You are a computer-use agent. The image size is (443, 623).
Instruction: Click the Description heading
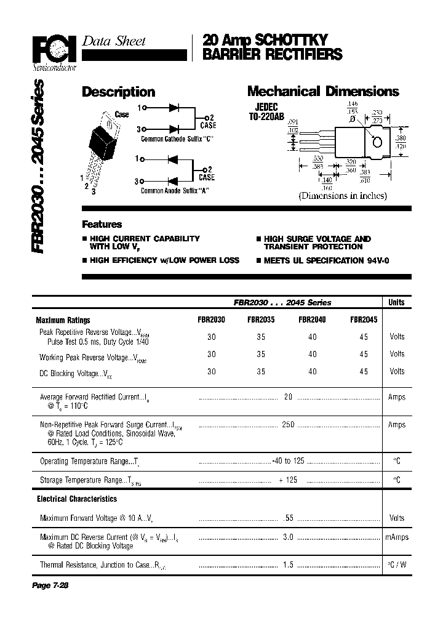coord(118,92)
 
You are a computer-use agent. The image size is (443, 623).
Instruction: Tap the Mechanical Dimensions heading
coord(323,92)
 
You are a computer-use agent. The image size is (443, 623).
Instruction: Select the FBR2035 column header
coord(261,320)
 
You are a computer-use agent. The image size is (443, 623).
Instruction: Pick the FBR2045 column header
coord(364,320)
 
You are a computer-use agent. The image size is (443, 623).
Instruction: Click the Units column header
coord(397,302)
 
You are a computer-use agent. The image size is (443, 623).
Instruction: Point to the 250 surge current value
coord(288,425)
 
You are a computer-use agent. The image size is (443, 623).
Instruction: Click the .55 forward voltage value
coord(288,518)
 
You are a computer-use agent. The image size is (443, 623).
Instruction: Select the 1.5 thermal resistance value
coord(288,564)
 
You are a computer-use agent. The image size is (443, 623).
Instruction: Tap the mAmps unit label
coord(397,537)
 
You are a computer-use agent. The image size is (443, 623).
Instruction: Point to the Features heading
coord(102,225)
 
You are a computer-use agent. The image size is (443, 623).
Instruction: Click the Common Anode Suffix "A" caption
coord(175,191)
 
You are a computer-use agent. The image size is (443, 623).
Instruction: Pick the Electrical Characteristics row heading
coord(77,499)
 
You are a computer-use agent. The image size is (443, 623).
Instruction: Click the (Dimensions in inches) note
coord(343,196)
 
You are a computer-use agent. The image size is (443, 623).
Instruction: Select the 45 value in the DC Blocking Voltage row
coord(364,371)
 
